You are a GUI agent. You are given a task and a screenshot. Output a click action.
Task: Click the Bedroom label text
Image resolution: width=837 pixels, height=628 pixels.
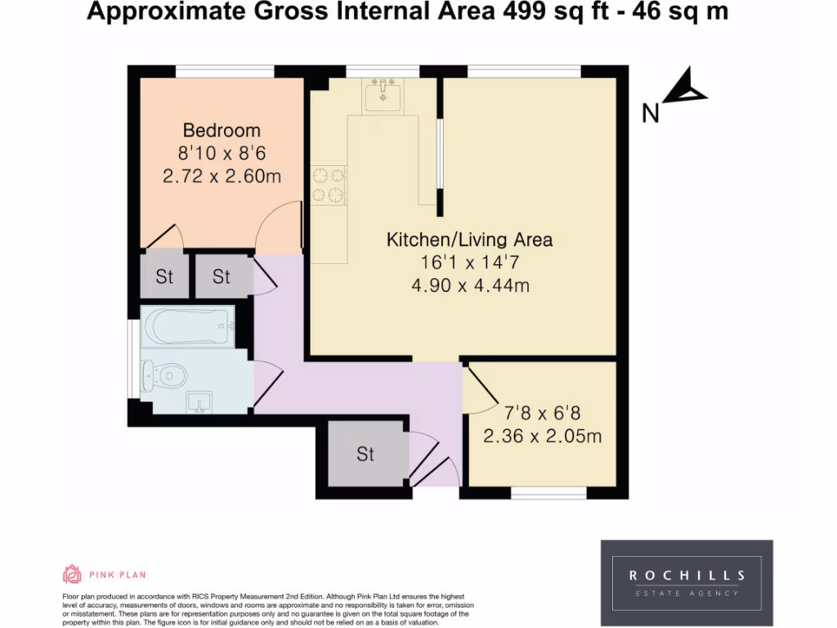click(x=222, y=130)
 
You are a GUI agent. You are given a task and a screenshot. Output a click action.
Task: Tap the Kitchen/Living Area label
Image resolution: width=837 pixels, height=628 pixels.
click(x=469, y=240)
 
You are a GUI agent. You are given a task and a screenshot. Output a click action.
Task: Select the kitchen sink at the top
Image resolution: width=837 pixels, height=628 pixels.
click(x=383, y=96)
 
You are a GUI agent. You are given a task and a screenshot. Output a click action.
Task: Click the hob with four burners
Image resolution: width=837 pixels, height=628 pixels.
click(x=329, y=184)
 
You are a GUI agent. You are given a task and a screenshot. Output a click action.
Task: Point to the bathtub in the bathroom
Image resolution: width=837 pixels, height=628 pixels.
click(x=187, y=326)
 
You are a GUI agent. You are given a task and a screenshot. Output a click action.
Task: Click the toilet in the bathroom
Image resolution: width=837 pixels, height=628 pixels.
click(x=163, y=376)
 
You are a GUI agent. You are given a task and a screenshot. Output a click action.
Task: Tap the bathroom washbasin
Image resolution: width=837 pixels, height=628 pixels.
click(x=199, y=402)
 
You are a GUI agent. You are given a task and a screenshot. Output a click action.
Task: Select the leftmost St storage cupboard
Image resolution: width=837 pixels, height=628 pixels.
click(x=165, y=276)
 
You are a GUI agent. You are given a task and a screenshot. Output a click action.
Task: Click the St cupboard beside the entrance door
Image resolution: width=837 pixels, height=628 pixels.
click(x=365, y=454)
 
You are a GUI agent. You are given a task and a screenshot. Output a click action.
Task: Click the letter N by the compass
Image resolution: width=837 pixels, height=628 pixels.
click(x=651, y=113)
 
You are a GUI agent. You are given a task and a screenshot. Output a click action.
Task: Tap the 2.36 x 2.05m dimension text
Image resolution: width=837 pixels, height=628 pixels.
click(x=542, y=436)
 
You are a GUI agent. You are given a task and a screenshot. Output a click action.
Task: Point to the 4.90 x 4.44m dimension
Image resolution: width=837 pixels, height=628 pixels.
click(x=469, y=285)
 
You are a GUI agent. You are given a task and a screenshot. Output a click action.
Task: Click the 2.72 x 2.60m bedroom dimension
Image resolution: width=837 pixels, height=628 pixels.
click(x=222, y=176)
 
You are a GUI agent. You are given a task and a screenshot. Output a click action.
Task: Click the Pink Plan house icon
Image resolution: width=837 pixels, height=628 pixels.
click(x=72, y=574)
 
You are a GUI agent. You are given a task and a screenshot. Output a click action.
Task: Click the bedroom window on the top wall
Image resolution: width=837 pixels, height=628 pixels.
click(x=226, y=71)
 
